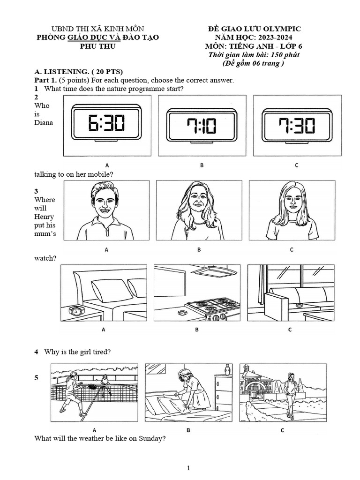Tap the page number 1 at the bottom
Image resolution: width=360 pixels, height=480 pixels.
tap(188, 468)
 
